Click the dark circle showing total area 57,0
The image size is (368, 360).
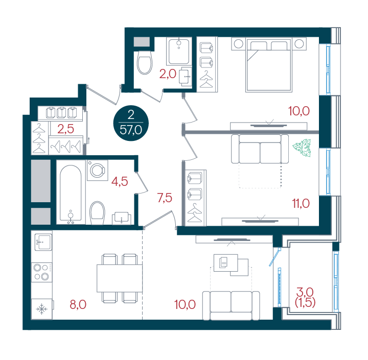(x=131, y=123)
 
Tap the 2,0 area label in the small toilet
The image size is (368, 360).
(x=168, y=74)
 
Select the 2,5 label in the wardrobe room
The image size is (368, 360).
(x=66, y=129)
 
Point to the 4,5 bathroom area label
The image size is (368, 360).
(x=120, y=181)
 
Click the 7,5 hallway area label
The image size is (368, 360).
(x=165, y=198)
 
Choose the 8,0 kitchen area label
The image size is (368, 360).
(x=78, y=304)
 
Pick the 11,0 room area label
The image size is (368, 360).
(x=301, y=203)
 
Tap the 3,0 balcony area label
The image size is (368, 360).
(x=305, y=292)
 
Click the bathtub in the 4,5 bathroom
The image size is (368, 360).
(x=71, y=194)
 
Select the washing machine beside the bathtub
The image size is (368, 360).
(x=98, y=170)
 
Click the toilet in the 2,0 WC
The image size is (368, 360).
(x=144, y=62)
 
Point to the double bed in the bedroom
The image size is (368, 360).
(x=269, y=65)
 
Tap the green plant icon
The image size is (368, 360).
(x=302, y=148)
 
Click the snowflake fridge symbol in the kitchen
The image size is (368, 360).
(x=41, y=309)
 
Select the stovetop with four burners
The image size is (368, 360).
(x=42, y=272)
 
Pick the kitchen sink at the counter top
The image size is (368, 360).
(x=43, y=242)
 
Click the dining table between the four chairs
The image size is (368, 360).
(x=120, y=278)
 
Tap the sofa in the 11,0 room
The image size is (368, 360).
(x=260, y=149)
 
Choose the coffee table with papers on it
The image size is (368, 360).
(x=231, y=265)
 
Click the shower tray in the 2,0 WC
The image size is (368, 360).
(x=179, y=52)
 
